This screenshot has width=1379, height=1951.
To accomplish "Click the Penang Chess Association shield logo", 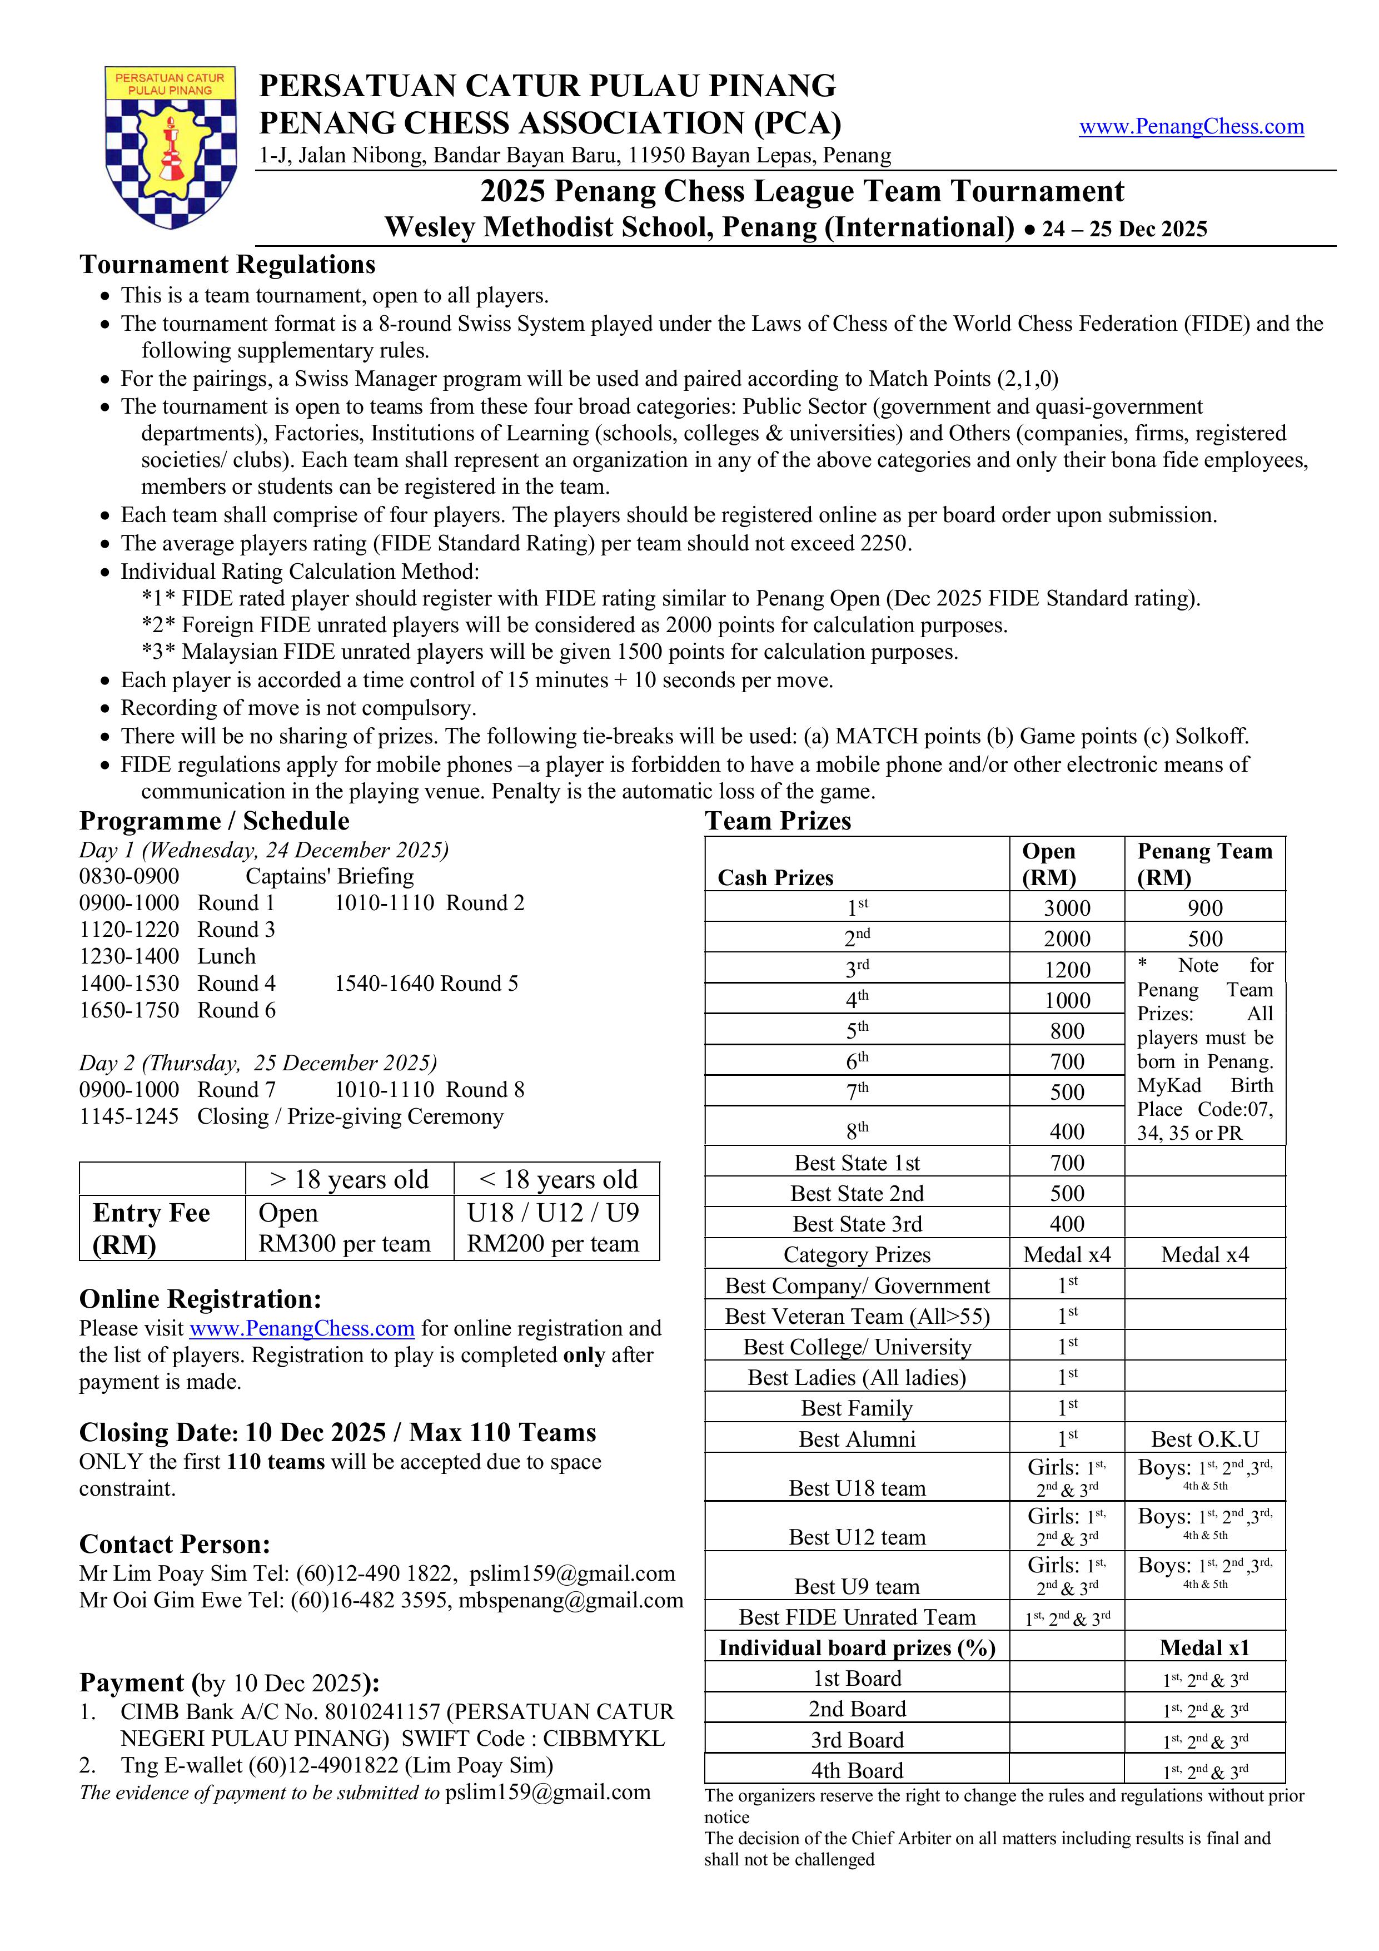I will point(171,146).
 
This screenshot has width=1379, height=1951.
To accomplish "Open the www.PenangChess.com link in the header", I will point(1191,127).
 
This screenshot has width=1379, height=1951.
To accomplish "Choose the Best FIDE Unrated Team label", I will point(857,1616).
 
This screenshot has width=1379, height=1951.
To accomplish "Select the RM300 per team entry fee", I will point(344,1243).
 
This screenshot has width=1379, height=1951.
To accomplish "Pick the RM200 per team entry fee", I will point(552,1243).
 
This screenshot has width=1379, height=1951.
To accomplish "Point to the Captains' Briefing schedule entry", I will point(330,876).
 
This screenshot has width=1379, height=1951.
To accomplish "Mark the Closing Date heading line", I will point(337,1433).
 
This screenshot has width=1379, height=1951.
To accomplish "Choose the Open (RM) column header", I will point(1049,864).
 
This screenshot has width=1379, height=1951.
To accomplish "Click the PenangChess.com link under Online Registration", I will point(302,1328).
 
